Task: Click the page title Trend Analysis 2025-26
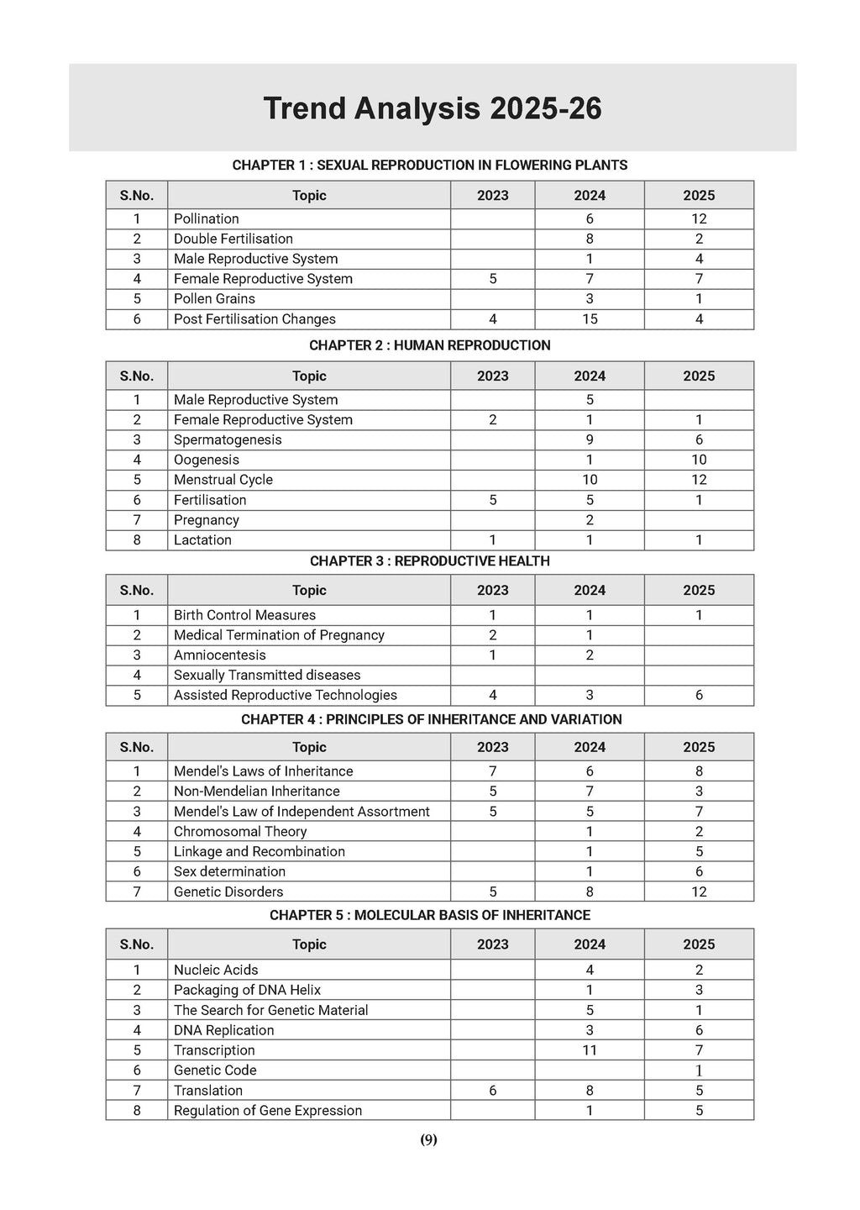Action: click(432, 109)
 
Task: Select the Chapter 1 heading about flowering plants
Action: click(429, 166)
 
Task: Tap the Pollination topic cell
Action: click(207, 218)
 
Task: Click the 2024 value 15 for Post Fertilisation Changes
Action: click(590, 319)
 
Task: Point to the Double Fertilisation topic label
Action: click(233, 239)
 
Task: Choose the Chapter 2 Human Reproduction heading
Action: click(429, 345)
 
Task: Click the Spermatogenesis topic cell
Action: click(228, 439)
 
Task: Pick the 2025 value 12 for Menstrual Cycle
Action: click(699, 480)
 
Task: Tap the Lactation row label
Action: click(202, 540)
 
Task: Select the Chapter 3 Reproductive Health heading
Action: click(429, 561)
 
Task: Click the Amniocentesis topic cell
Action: click(220, 655)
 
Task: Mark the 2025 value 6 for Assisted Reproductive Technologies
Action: click(699, 695)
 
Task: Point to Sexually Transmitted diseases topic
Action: click(267, 675)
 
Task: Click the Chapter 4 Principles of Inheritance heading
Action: click(431, 719)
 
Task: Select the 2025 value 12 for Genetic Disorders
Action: click(699, 892)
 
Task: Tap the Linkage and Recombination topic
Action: click(260, 851)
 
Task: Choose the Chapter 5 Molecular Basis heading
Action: click(429, 915)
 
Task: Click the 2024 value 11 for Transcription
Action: click(590, 1050)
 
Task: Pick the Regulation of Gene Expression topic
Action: click(268, 1111)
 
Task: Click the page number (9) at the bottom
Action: click(429, 1140)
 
